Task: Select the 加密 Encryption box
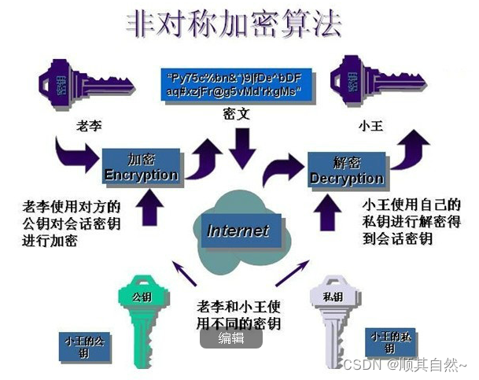(141, 165)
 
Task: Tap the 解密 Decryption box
(346, 170)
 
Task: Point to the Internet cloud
(238, 231)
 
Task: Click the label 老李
(89, 126)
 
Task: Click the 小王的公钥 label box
(84, 347)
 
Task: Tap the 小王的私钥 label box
(390, 341)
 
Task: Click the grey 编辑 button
(231, 338)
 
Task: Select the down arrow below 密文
(241, 146)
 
